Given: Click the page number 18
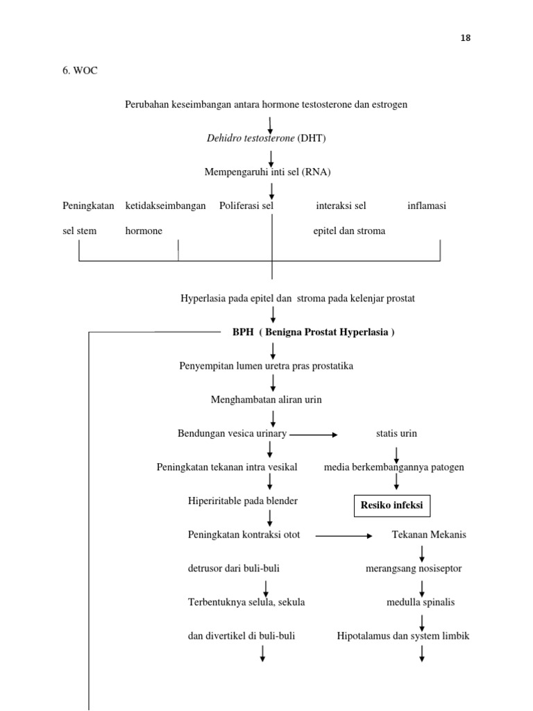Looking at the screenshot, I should click(466, 38).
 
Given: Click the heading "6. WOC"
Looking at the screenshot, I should click(81, 71).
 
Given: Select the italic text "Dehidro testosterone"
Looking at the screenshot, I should click(251, 138).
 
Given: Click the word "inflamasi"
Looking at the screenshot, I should click(426, 206).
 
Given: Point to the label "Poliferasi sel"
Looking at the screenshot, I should click(246, 206).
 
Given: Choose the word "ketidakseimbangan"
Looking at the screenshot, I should click(165, 206).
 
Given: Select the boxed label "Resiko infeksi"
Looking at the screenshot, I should click(391, 505).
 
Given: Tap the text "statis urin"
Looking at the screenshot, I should click(396, 433).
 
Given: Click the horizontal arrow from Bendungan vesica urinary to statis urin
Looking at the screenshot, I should click(313, 435).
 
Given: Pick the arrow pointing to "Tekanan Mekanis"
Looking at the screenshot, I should click(344, 536).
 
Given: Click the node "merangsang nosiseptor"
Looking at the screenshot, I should click(413, 569).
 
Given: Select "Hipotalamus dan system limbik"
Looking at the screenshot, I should click(403, 635).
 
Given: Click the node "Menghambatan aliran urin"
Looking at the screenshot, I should click(266, 400).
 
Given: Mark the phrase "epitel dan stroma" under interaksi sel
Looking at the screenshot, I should click(349, 231).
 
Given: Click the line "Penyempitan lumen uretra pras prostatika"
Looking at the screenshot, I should click(266, 366).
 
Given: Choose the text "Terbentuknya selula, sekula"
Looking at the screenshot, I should click(246, 602).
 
